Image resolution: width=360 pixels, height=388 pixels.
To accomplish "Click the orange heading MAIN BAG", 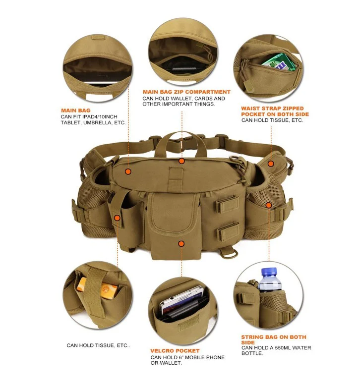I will pyautogui.click(x=76, y=111).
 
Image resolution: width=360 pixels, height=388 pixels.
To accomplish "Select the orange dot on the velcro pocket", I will pyautogui.click(x=181, y=244).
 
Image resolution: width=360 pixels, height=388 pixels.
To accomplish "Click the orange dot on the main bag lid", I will pyautogui.click(x=128, y=171).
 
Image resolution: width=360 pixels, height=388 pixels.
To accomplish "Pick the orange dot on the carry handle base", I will pyautogui.click(x=182, y=161).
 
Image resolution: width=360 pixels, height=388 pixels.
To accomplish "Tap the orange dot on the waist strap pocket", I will pyautogui.click(x=271, y=163).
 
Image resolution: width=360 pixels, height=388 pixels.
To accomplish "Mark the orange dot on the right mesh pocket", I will pyautogui.click(x=269, y=205).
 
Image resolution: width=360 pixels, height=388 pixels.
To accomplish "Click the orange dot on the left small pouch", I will pyautogui.click(x=117, y=218).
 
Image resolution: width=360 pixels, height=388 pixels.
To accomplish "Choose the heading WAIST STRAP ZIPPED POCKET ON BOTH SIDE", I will pyautogui.click(x=273, y=111).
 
